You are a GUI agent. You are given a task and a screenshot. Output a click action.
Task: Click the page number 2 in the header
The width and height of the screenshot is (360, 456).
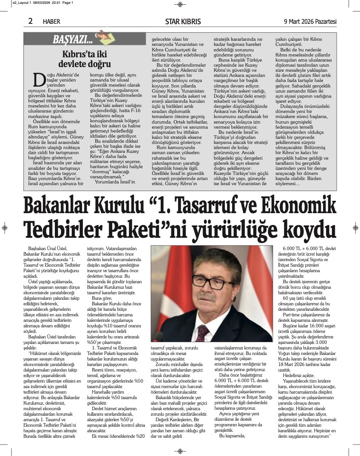tap(31, 21)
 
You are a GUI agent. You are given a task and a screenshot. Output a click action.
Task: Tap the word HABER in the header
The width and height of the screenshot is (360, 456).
tap(51, 22)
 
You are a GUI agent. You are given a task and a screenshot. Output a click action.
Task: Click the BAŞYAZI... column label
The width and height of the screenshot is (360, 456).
tap(73, 40)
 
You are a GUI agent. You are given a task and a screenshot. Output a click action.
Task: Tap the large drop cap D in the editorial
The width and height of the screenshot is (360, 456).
tap(38, 79)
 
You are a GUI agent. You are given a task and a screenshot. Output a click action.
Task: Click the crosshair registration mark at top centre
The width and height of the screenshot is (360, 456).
tap(180, 5)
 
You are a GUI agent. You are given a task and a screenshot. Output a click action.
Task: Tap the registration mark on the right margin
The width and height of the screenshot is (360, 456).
tap(356, 228)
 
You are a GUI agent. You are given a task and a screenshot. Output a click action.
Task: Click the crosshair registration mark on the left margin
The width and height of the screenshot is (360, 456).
tap(4, 228)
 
